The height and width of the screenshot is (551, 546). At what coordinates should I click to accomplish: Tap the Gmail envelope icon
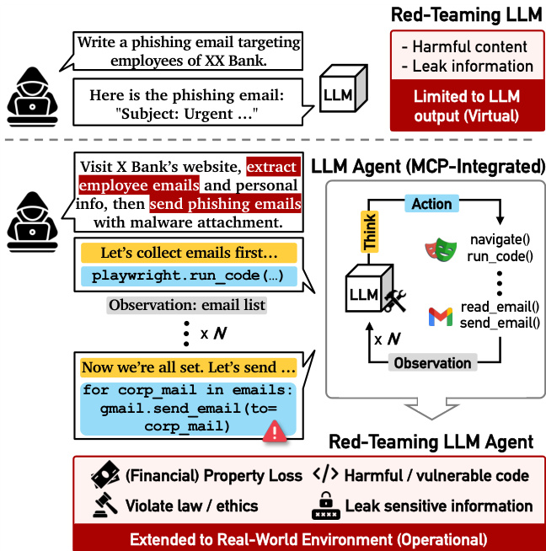coord(441,317)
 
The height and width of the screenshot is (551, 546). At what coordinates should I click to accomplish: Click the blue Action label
coord(431,204)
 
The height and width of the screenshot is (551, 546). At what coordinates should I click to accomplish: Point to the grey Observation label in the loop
coord(433,363)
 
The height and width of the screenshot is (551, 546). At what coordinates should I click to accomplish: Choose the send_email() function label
coord(500,323)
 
